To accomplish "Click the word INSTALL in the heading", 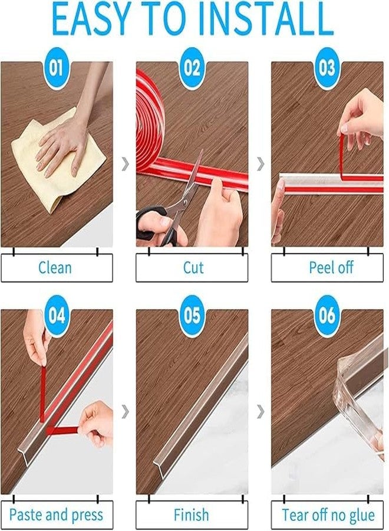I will click(266, 21).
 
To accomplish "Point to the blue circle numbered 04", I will click(57, 316).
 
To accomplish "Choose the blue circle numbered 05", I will click(193, 316).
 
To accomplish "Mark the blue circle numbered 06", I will click(327, 316).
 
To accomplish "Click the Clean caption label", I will click(56, 268).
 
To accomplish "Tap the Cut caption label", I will click(193, 268).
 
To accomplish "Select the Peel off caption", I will click(331, 268).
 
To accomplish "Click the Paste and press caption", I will click(56, 514).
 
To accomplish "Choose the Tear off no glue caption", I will click(328, 514).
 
